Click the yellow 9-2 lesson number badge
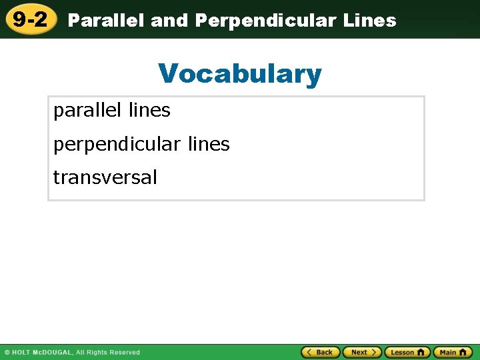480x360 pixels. pos(30,19)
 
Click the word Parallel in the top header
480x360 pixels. pos(107,21)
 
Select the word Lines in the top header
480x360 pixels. pos(369,21)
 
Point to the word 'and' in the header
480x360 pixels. pos(170,21)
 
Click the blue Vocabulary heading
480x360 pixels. pos(240,73)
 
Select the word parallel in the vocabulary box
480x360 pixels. pos(87,111)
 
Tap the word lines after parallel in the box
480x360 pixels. pos(149,111)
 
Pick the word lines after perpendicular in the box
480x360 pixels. pos(208,144)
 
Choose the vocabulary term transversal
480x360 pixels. pos(105,177)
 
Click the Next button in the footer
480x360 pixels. pos(362,352)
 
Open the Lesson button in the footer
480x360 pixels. pos(407,352)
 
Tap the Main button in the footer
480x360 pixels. pos(453,352)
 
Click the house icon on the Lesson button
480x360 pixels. pos(421,352)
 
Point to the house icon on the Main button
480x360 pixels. pos(464,352)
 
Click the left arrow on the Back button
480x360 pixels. pos(309,352)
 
